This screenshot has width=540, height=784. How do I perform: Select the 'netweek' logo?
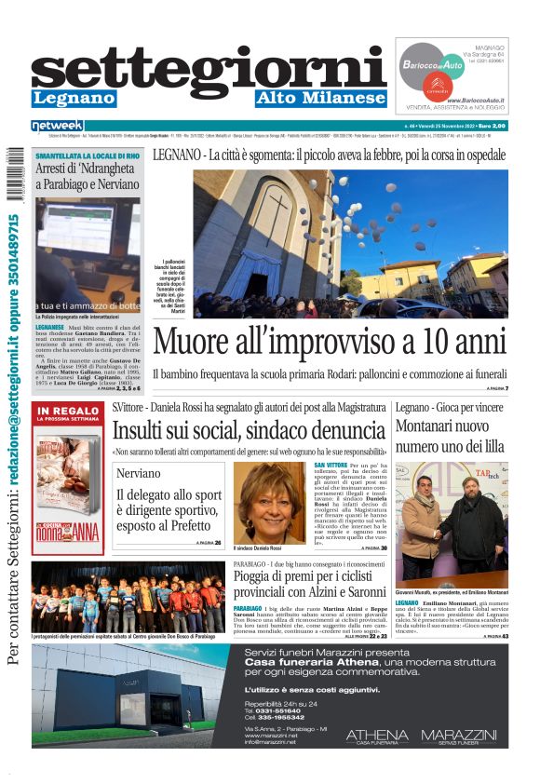tap(57, 125)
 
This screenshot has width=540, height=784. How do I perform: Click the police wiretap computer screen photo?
tap(88, 253)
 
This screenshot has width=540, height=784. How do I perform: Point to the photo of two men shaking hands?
tap(452, 520)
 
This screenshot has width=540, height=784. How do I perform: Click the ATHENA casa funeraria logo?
tap(376, 737)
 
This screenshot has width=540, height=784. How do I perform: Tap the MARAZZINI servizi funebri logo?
tap(459, 737)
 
